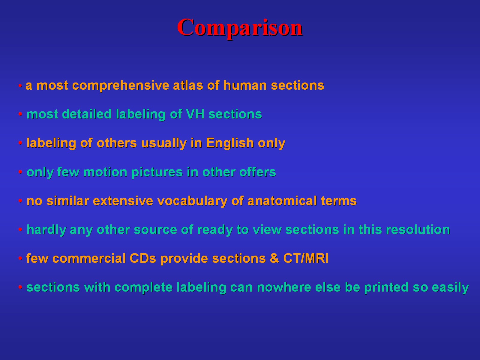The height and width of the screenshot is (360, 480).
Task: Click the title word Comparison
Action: (x=240, y=28)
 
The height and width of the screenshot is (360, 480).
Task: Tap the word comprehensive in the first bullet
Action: (x=121, y=86)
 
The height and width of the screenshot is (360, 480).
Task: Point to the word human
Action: (x=245, y=85)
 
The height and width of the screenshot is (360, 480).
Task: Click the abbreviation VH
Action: (x=195, y=114)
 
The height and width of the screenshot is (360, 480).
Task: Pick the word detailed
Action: (x=87, y=114)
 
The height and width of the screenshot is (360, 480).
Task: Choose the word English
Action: (x=230, y=143)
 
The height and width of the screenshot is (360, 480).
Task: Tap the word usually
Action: (x=164, y=143)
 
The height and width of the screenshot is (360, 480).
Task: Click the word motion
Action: (x=105, y=172)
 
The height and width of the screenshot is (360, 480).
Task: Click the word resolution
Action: (x=418, y=229)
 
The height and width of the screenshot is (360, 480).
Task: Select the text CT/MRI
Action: (x=306, y=258)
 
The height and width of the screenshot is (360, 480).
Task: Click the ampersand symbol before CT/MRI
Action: (x=274, y=258)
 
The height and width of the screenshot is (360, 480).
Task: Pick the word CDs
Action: (x=143, y=258)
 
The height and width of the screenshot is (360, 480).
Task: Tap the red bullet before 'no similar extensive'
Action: (x=20, y=200)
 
